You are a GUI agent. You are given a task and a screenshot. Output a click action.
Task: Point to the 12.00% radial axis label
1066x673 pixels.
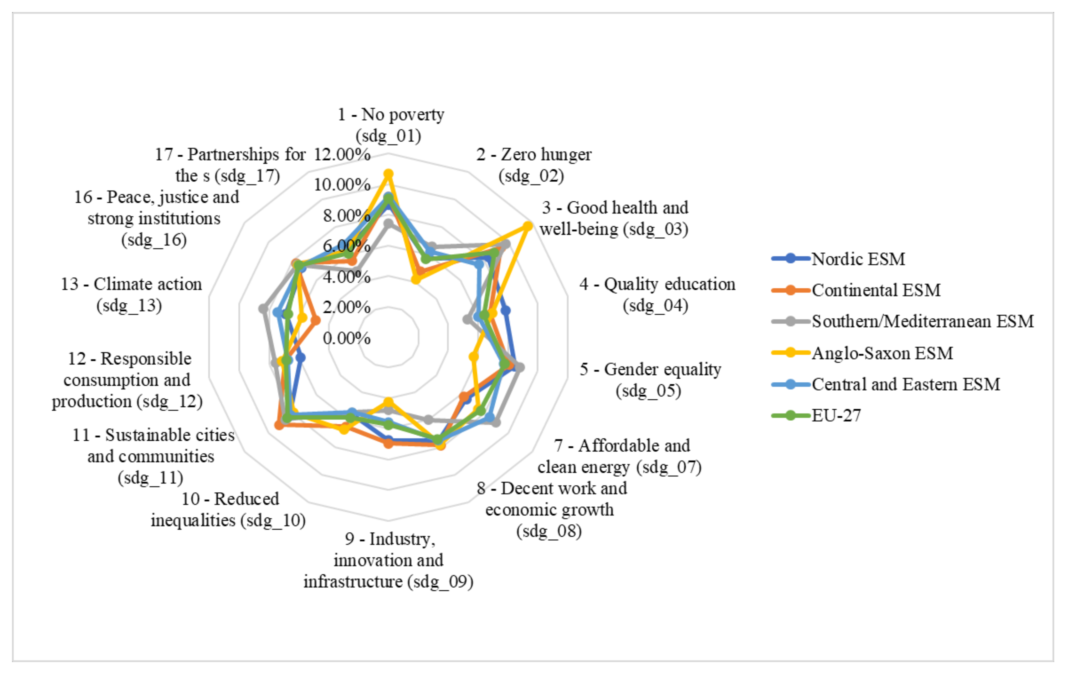(x=342, y=155)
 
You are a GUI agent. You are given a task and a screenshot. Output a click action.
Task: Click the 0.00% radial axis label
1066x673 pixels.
(x=346, y=338)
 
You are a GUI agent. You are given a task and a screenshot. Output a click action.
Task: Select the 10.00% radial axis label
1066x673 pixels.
(x=342, y=185)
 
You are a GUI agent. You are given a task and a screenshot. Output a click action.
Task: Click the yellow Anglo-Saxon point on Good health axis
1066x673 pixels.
(x=527, y=226)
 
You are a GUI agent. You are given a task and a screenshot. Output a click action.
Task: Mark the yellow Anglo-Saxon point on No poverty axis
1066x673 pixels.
(x=388, y=174)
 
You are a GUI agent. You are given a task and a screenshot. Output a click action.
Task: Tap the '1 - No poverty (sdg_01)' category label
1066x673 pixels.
(x=391, y=125)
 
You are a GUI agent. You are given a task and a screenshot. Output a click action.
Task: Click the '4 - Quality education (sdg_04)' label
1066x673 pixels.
(x=657, y=294)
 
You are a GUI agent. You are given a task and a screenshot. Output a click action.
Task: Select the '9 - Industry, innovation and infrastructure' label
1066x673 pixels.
(x=388, y=560)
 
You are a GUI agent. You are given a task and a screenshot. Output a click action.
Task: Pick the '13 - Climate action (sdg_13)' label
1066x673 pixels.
(x=131, y=294)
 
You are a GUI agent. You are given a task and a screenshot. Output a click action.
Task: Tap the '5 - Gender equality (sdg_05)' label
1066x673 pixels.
(x=650, y=379)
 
